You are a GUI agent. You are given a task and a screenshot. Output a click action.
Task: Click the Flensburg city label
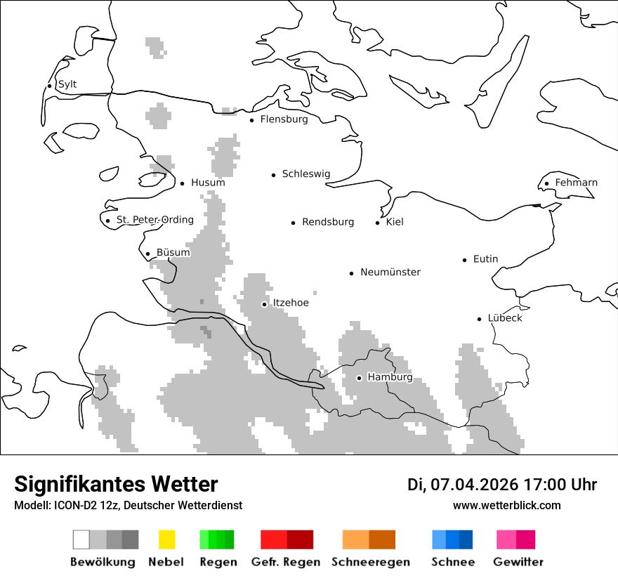pos(284,119)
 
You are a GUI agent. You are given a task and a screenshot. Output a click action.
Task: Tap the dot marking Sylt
pos(50,86)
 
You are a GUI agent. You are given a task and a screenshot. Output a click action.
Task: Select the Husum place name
pos(208,183)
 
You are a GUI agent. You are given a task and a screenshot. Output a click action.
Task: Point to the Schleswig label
pos(305,174)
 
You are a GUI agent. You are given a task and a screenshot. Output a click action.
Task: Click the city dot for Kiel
pos(378,223)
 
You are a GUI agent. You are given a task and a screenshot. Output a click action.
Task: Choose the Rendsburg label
pos(328,222)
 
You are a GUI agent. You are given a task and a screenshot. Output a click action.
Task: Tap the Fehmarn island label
pos(576,183)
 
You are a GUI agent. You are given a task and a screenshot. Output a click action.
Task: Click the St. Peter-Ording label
pos(154,220)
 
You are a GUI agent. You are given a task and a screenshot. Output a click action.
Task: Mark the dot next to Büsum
pos(148,254)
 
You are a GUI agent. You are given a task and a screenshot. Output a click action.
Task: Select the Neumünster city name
pos(390,272)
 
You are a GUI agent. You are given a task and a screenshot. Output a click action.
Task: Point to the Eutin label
pos(485,259)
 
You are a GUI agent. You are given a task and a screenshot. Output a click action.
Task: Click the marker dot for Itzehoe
pos(265,304)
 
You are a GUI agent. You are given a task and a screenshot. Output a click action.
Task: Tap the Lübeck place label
pos(505,318)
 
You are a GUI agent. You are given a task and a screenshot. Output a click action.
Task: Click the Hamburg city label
pos(390,377)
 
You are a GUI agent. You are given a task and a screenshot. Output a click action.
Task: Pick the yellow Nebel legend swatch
pos(166,539)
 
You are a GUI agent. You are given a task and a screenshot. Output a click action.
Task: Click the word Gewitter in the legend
pos(518,562)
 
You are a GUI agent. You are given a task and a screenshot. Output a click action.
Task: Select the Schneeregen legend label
pos(371,562)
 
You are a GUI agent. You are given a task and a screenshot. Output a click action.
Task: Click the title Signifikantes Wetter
pos(116,485)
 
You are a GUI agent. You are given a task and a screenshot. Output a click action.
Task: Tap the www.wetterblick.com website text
pos(507,505)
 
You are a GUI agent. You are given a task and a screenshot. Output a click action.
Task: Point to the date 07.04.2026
pos(475,485)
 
